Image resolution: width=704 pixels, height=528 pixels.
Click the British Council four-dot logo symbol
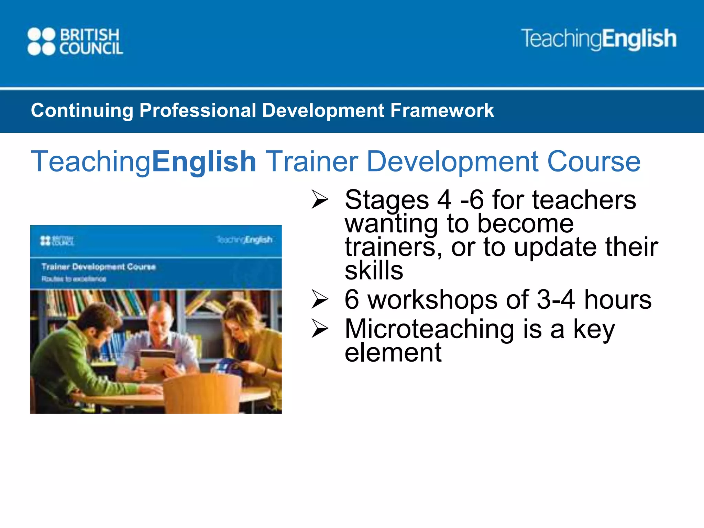[41, 42]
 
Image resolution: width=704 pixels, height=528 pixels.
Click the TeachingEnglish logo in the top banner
[598, 39]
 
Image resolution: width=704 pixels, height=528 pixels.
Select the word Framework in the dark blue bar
[442, 111]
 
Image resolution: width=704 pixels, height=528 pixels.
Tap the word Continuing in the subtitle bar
[82, 111]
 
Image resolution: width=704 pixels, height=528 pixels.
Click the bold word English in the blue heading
[204, 162]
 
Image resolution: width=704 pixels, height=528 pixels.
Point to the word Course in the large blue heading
[594, 162]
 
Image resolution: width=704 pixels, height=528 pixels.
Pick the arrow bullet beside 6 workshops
[320, 299]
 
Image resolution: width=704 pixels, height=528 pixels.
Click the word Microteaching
[429, 329]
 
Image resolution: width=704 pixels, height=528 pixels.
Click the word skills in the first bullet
[374, 271]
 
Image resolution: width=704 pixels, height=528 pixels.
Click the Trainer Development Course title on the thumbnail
[99, 267]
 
